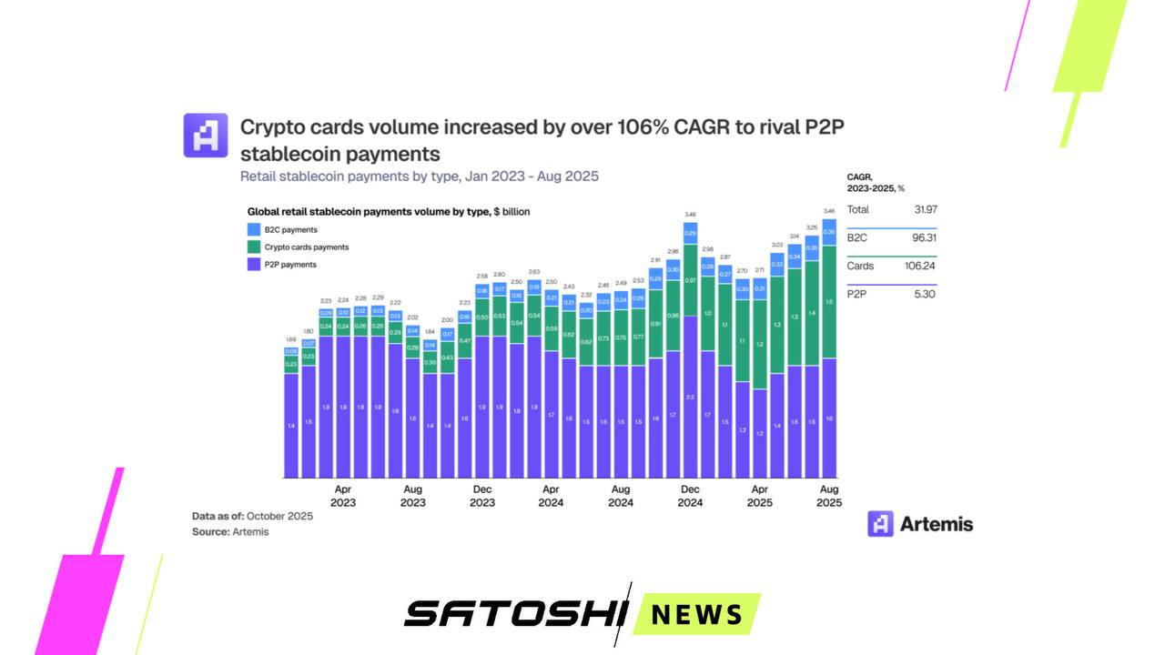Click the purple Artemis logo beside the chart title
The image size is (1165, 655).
[206, 136]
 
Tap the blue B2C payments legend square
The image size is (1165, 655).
[254, 229]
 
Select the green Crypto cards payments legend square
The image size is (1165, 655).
[254, 247]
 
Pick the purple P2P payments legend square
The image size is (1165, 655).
[254, 265]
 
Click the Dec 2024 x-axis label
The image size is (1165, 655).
[690, 496]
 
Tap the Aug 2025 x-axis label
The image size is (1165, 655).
[829, 496]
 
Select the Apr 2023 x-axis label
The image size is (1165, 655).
[343, 496]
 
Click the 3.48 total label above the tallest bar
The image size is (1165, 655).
[690, 215]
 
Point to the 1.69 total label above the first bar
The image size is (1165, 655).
[291, 339]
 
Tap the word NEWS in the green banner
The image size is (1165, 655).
[697, 614]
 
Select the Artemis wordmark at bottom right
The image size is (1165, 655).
[936, 524]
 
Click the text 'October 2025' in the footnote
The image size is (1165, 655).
[279, 516]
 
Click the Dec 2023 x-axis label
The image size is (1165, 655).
[482, 496]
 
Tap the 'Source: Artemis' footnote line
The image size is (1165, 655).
[230, 531]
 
